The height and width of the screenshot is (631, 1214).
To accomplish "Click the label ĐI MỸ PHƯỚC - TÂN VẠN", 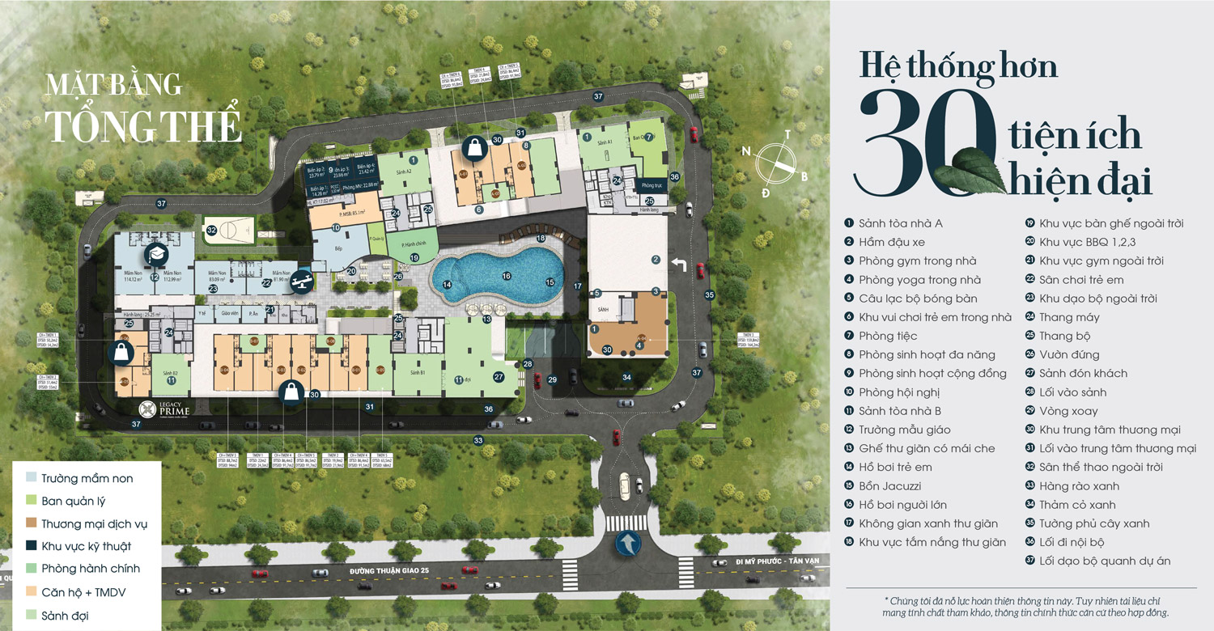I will click(x=777, y=561).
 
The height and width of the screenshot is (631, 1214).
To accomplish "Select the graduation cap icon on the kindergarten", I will click(x=155, y=255).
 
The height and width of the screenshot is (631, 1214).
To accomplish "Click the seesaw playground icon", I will click(x=303, y=277).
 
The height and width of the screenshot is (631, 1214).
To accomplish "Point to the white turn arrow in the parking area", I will click(x=679, y=265).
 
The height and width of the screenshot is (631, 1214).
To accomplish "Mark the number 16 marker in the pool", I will click(x=507, y=276).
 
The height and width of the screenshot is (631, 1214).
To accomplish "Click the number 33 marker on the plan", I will click(x=478, y=441).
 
